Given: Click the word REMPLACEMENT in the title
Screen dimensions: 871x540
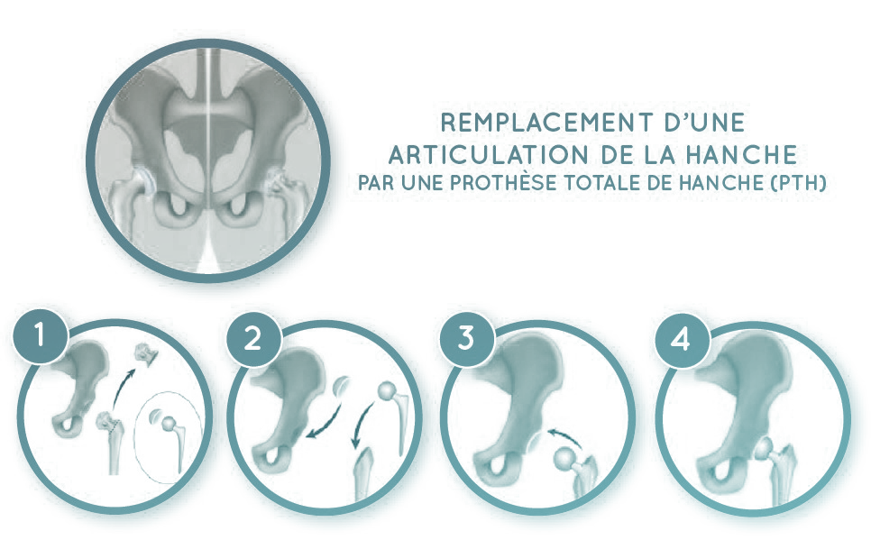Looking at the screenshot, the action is (546, 123).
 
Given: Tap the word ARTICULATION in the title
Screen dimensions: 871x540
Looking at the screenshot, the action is (480, 155).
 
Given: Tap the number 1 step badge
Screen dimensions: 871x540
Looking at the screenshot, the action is (40, 336).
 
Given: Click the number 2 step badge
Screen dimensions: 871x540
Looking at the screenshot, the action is (253, 338).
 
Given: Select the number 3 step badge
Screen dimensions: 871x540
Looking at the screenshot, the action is (467, 338).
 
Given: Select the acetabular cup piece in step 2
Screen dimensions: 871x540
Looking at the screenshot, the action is (341, 386).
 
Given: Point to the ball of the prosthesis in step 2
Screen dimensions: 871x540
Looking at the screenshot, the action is (387, 390).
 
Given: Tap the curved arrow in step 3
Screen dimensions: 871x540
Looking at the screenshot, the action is (564, 435).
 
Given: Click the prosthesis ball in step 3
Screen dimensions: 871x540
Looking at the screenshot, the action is (565, 458).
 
